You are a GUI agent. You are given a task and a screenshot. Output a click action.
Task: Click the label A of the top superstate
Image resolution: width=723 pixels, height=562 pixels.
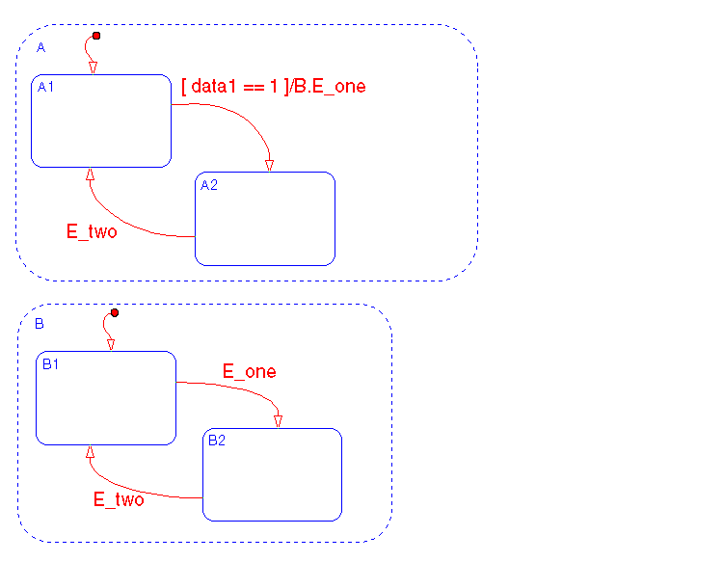pyautogui.click(x=40, y=47)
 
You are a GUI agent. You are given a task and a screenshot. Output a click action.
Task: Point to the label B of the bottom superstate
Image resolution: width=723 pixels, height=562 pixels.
pyautogui.click(x=40, y=324)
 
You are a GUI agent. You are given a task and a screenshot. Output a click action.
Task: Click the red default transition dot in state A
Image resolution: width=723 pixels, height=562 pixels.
pyautogui.click(x=95, y=37)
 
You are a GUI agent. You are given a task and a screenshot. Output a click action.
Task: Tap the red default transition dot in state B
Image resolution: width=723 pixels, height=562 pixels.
pyautogui.click(x=114, y=312)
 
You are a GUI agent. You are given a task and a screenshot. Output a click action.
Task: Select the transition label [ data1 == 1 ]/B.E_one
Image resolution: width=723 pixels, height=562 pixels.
pyautogui.click(x=274, y=86)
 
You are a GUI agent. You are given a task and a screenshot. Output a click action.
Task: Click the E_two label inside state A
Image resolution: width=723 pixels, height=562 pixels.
pyautogui.click(x=92, y=231)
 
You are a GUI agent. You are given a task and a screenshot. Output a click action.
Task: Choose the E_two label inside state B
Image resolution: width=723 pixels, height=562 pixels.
pyautogui.click(x=119, y=499)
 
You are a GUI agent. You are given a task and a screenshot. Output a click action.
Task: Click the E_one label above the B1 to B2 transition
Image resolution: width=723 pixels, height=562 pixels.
pyautogui.click(x=250, y=371)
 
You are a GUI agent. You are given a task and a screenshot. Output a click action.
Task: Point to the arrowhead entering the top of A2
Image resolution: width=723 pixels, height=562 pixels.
pyautogui.click(x=270, y=165)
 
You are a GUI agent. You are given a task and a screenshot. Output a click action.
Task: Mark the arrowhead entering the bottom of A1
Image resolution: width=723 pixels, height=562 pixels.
pyautogui.click(x=90, y=175)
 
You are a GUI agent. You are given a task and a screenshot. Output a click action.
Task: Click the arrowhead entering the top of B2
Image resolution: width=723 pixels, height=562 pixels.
pyautogui.click(x=279, y=420)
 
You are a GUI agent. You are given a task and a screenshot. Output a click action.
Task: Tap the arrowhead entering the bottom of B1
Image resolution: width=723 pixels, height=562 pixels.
pyautogui.click(x=90, y=453)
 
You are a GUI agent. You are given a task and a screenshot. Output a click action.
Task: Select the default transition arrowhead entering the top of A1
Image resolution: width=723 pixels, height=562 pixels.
pyautogui.click(x=93, y=67)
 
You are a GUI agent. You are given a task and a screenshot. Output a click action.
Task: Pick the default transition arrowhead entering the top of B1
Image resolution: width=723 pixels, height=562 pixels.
pyautogui.click(x=110, y=344)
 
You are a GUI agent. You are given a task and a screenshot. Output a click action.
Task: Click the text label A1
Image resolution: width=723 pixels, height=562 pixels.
pyautogui.click(x=45, y=87)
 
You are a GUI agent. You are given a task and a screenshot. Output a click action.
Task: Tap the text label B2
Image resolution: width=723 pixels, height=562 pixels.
pyautogui.click(x=216, y=441)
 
